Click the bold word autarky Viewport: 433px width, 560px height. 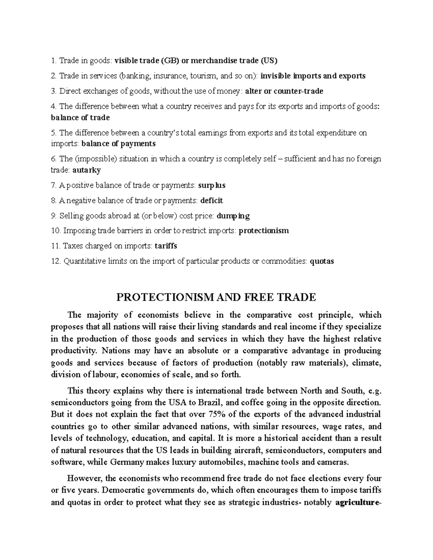click(x=87, y=170)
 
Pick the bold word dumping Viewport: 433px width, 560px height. click(x=233, y=216)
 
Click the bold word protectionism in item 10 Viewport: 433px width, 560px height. click(x=264, y=230)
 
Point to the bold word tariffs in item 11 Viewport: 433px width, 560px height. click(x=166, y=246)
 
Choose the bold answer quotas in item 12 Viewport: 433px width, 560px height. click(x=322, y=261)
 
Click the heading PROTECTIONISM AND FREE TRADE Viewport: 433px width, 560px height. click(x=216, y=297)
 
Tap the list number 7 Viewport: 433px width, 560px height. click(x=53, y=185)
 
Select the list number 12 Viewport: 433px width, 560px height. click(x=56, y=261)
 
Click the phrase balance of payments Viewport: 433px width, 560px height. click(x=118, y=144)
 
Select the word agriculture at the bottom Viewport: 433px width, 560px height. click(x=357, y=503)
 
